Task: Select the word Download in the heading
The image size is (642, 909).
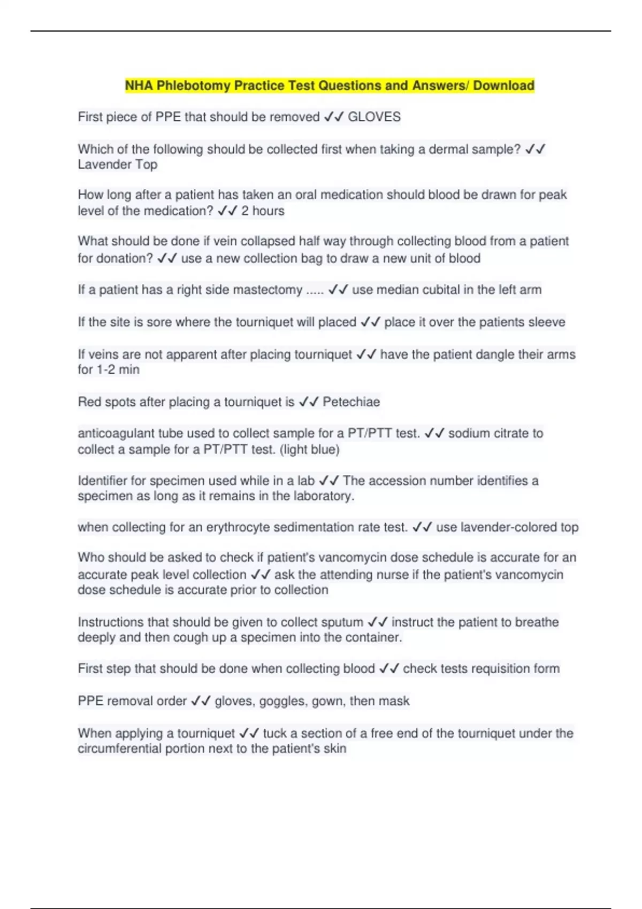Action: pos(503,86)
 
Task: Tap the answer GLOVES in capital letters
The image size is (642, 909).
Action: pos(374,117)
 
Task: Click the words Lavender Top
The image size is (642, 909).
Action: pos(118,165)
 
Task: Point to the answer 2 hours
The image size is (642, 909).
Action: pos(263,211)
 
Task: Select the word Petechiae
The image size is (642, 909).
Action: pos(351,402)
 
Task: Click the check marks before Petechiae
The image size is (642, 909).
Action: pos(309,402)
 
